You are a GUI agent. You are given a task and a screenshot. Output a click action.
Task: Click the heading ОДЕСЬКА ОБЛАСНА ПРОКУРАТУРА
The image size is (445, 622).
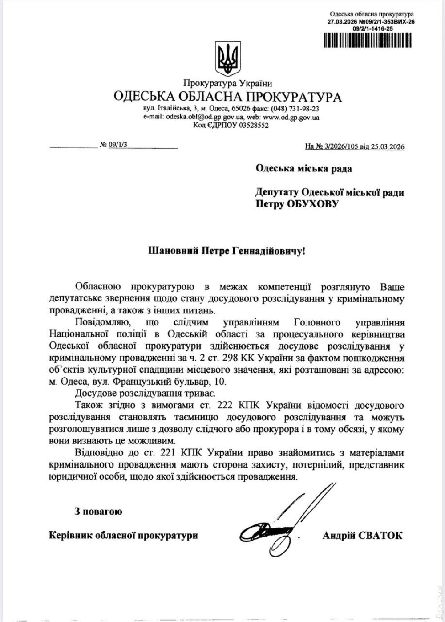tap(227, 97)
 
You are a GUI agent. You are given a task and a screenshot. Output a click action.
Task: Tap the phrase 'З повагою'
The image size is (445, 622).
tap(98, 512)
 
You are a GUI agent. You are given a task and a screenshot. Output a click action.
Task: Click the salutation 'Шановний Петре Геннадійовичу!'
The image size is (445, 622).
tap(227, 252)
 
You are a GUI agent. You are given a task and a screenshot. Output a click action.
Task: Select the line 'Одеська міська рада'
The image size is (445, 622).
tap(303, 168)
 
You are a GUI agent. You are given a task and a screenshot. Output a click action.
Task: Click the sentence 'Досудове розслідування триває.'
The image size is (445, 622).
tap(145, 393)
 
